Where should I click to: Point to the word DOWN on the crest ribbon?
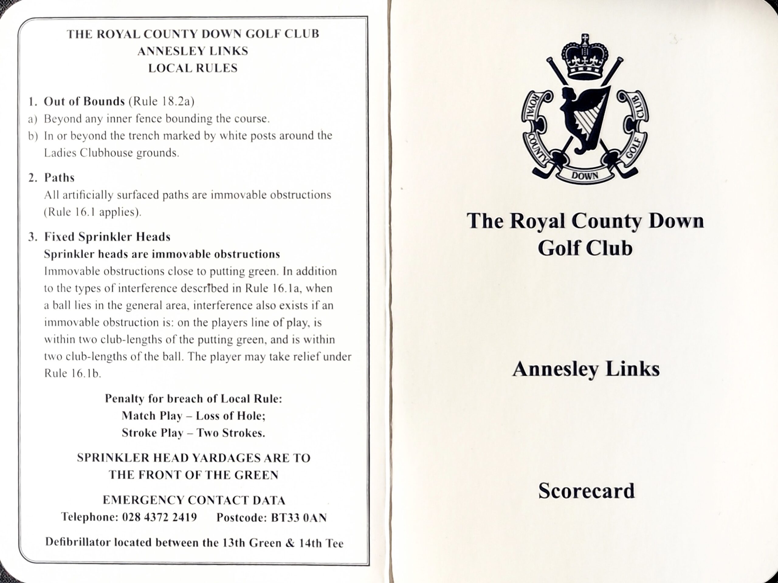coord(584,176)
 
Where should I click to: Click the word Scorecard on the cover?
coord(586,491)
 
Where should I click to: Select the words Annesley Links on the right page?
coord(586,369)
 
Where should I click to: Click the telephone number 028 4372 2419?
coord(159,517)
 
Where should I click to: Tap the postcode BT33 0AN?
coord(299,518)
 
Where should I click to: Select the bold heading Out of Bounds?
coord(84,101)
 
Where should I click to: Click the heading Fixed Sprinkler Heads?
coord(107,237)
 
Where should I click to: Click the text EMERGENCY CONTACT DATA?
coord(194,500)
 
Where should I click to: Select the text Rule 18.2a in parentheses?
coord(161,101)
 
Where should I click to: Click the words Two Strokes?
coord(230,433)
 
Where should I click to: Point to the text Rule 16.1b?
coord(72,373)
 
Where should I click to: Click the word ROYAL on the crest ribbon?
coord(530,107)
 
